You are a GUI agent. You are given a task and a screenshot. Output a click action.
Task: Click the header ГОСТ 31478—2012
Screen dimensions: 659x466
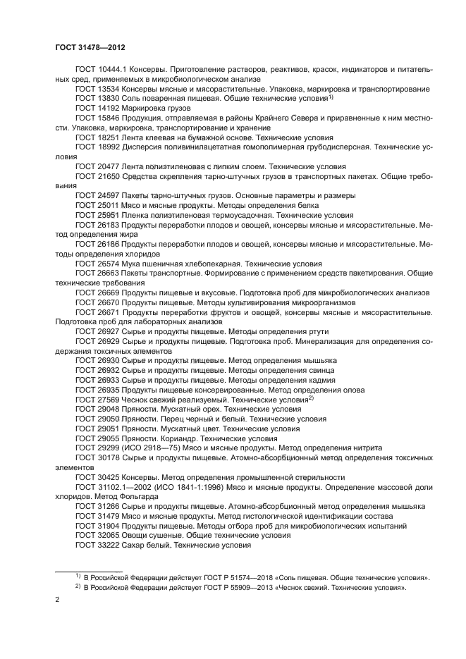coord(90,47)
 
